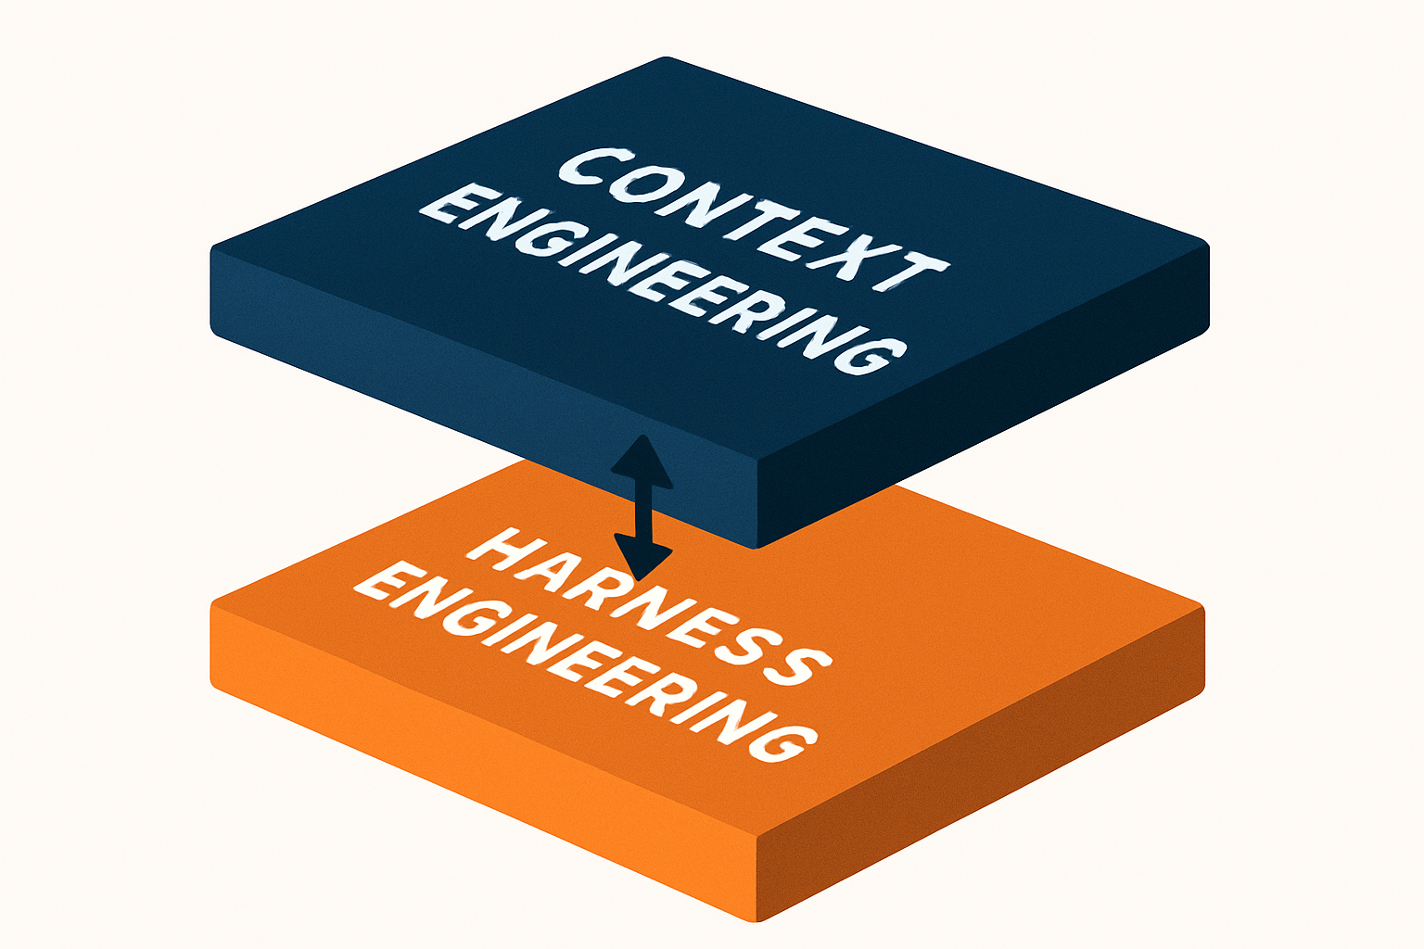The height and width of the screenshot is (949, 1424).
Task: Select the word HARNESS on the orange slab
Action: point(648,610)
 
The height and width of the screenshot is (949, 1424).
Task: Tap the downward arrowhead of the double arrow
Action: point(643,556)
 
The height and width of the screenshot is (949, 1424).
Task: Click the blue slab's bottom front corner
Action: point(756,547)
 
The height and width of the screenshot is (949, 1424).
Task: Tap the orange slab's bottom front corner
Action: point(756,920)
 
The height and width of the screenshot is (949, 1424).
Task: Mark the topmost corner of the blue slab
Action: point(667,57)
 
